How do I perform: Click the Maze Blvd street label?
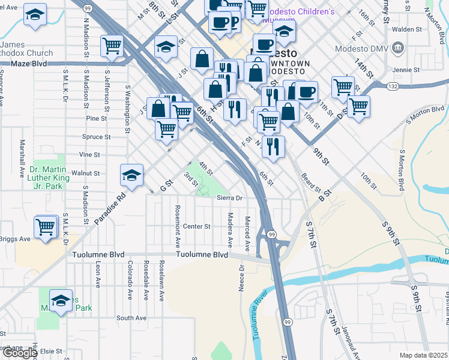(29, 62)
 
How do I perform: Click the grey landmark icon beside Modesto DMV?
(397, 48)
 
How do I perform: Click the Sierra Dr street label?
(229, 197)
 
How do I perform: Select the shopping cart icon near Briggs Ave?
(45, 228)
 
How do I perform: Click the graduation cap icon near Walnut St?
(131, 175)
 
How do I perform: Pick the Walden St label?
(408, 28)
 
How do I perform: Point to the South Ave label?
(131, 318)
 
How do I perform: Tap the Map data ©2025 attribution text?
(423, 355)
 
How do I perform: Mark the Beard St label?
(312, 183)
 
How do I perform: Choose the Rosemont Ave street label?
(178, 227)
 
